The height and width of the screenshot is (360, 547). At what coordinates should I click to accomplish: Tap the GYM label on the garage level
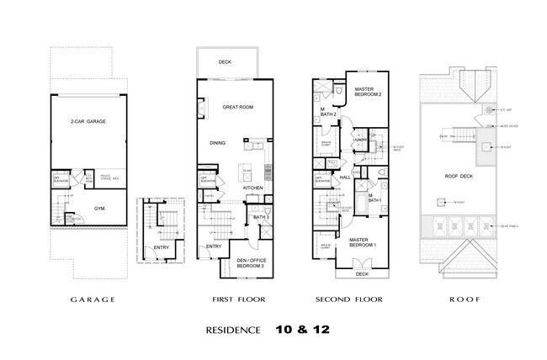99,206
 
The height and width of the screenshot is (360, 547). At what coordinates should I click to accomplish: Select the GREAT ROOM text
237,108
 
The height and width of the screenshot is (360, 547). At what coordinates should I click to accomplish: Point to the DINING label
217,142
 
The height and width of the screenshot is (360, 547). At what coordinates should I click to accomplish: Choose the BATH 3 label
261,218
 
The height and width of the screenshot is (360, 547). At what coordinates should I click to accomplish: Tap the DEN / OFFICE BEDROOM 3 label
250,263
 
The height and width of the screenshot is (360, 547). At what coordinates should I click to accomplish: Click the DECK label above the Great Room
226,61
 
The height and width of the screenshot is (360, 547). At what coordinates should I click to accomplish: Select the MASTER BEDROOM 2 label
369,91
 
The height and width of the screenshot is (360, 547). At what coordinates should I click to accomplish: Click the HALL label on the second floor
344,177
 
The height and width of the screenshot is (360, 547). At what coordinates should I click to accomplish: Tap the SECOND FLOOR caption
348,299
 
